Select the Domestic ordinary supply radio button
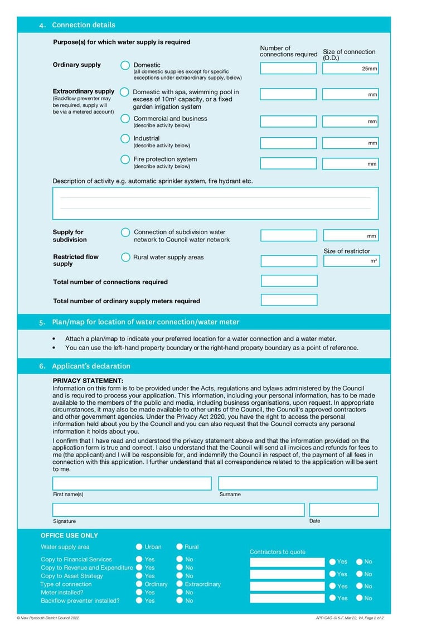point(125,65)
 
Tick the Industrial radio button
point(125,138)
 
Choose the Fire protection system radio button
point(125,159)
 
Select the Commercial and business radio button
point(125,119)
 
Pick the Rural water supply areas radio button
point(125,258)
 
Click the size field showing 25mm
point(350,69)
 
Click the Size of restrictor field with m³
point(351,261)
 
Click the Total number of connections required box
point(289,281)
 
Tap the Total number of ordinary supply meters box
point(289,300)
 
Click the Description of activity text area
point(215,203)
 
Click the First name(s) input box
point(132,483)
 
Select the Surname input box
point(298,483)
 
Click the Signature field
point(178,510)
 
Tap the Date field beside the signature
point(343,510)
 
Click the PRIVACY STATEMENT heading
point(88,380)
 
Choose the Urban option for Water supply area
point(139,547)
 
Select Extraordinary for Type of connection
point(180,584)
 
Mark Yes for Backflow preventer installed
point(139,601)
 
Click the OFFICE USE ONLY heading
point(69,535)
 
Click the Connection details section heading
point(84,25)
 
